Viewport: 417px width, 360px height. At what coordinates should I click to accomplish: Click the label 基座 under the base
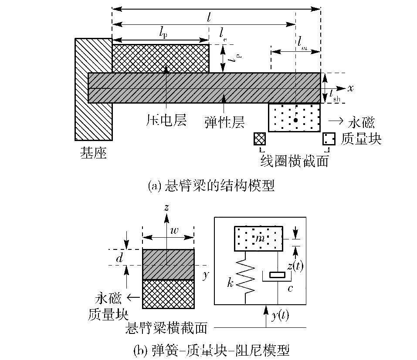pyautogui.click(x=93, y=153)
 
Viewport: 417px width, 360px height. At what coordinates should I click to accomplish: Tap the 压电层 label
pyautogui.click(x=166, y=120)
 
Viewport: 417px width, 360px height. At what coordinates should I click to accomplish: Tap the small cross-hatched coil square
pyautogui.click(x=260, y=139)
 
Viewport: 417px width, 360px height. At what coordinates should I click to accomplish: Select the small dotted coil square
pyautogui.click(x=329, y=139)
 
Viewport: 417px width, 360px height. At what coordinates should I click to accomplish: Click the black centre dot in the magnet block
pyautogui.click(x=295, y=120)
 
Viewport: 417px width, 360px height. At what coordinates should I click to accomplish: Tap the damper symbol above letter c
pyautogui.click(x=277, y=275)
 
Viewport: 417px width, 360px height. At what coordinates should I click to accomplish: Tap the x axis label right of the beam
pyautogui.click(x=350, y=87)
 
